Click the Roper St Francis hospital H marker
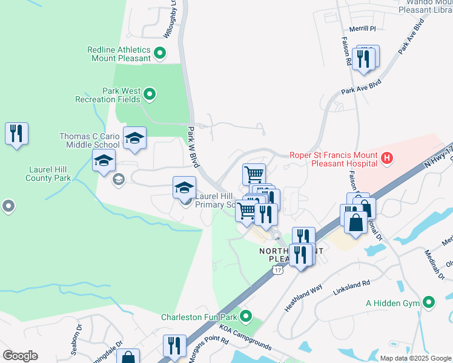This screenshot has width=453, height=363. point(388,159)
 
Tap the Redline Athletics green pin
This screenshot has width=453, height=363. point(160,54)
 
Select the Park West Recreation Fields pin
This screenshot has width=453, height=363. point(150,94)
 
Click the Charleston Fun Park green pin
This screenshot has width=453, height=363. point(245,316)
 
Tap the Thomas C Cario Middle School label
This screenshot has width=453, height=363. point(89,140)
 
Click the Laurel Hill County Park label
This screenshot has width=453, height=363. point(48,174)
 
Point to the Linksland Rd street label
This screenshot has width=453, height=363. point(351,289)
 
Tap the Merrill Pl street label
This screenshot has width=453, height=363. point(363,28)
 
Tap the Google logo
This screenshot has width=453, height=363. point(20,356)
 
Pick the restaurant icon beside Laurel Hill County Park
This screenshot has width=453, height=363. point(17,134)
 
